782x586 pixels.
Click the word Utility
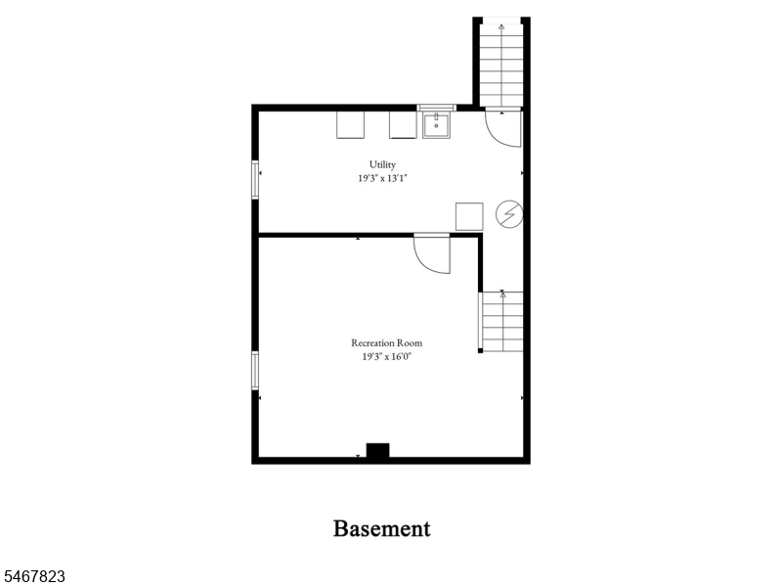(x=382, y=164)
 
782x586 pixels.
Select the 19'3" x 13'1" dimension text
(x=382, y=178)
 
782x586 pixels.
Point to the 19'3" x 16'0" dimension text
(x=386, y=356)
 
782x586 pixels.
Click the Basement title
(x=381, y=528)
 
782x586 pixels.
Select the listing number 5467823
(x=32, y=576)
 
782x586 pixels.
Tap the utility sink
(x=436, y=125)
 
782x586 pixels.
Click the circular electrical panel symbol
(x=509, y=214)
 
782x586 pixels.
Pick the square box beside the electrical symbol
(x=469, y=216)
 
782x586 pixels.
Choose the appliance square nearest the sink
(x=403, y=125)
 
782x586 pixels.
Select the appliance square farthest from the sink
(x=350, y=125)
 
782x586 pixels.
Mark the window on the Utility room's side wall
(x=255, y=180)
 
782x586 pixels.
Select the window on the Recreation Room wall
(x=255, y=371)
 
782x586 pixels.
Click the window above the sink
(x=436, y=108)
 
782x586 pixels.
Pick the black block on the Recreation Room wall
(x=378, y=450)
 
